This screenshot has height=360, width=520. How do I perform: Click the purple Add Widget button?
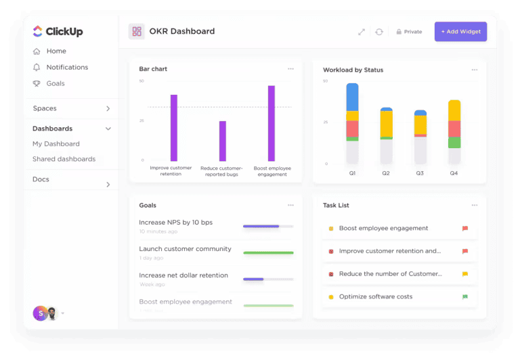(x=460, y=32)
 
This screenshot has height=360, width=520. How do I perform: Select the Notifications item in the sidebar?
(x=67, y=67)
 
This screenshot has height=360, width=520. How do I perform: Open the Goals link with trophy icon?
(x=56, y=83)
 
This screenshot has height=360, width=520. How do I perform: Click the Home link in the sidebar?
(x=56, y=51)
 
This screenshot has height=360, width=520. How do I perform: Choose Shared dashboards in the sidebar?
(x=64, y=159)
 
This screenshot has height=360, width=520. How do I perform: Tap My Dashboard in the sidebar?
(x=56, y=143)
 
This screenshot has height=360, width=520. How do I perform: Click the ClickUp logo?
(x=58, y=31)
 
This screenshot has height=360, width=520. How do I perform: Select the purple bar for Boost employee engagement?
(x=272, y=123)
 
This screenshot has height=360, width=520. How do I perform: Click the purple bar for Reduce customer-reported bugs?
(x=223, y=141)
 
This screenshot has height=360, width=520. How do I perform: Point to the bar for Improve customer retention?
(x=174, y=127)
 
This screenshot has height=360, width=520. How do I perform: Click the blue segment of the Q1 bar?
(x=352, y=97)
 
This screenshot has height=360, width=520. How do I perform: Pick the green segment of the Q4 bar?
(x=454, y=143)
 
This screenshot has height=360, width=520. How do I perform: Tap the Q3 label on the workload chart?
(x=420, y=173)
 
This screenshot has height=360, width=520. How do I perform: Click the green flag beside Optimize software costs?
(x=464, y=297)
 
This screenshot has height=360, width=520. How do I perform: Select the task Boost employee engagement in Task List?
(x=383, y=229)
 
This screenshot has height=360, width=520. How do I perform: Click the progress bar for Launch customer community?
(x=268, y=252)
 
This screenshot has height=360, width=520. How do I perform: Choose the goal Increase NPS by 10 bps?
(x=175, y=223)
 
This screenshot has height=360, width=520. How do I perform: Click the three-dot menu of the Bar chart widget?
(x=290, y=69)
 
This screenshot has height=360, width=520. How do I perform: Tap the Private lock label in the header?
(x=409, y=32)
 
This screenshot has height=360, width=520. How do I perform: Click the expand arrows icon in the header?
(x=362, y=32)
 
